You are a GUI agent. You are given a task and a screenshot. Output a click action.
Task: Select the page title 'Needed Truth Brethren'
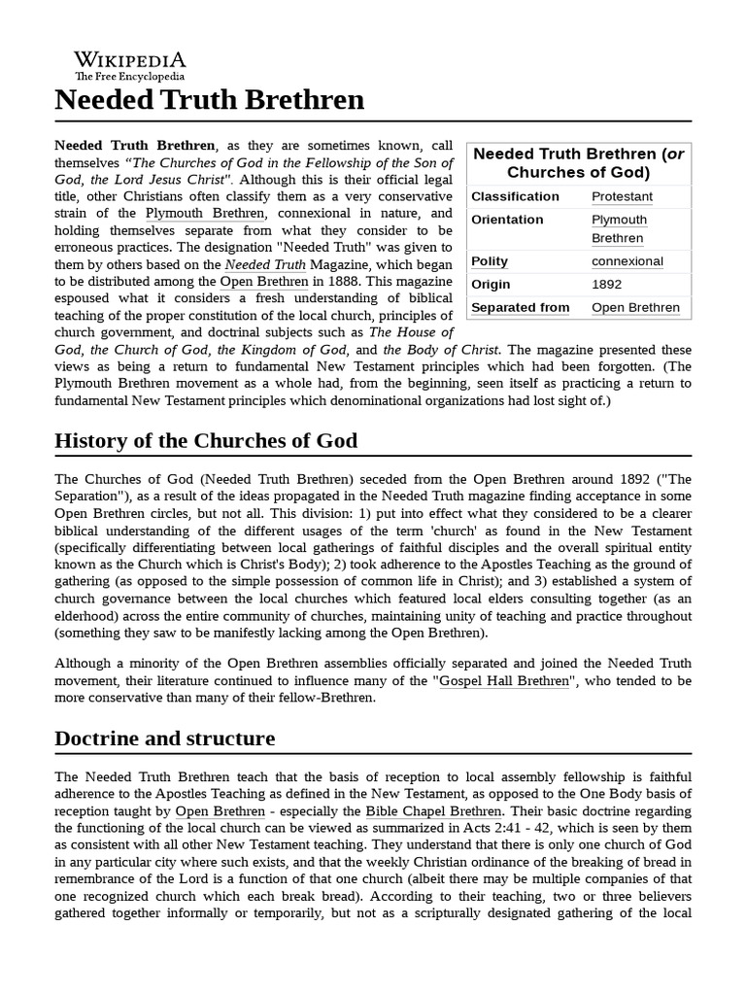tap(210, 100)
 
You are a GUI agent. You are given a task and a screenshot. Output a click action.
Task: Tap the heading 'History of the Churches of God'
tap(206, 440)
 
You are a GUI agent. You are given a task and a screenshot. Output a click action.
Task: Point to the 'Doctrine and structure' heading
tap(165, 738)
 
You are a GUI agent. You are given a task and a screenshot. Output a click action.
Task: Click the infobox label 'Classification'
tap(515, 196)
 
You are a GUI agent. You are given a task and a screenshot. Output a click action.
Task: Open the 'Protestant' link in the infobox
tap(622, 196)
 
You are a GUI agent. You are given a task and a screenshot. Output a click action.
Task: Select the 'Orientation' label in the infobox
tap(507, 220)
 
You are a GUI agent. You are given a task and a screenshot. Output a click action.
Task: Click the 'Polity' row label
tap(490, 261)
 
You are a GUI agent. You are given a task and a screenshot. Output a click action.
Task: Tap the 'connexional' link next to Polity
tap(627, 261)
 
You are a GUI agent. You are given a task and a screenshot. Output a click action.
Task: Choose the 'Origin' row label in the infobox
tap(491, 285)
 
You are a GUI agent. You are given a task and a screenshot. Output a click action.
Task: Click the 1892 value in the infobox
tap(607, 285)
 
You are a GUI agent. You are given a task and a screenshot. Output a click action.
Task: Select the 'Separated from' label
tap(520, 308)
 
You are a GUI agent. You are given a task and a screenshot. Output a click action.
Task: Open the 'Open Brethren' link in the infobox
tap(635, 308)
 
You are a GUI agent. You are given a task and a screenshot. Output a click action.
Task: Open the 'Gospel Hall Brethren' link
tap(504, 682)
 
